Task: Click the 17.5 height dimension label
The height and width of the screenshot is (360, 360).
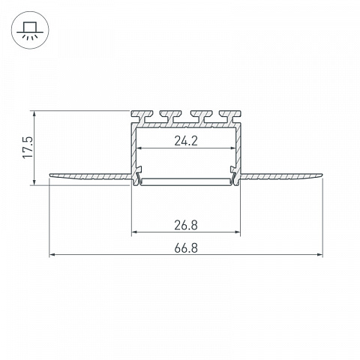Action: (28, 147)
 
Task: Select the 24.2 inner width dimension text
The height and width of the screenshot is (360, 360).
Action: (186, 141)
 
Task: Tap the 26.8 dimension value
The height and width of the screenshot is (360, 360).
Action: (186, 225)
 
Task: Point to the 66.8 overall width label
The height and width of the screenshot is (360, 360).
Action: (186, 248)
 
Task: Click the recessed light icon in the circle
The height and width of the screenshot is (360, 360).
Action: (30, 30)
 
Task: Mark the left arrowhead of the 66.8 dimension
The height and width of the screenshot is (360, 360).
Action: (52, 255)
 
